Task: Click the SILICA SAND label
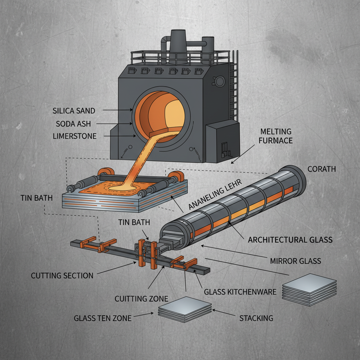[x=73, y=111]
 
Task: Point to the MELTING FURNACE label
[x=276, y=136]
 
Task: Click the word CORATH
[x=321, y=169]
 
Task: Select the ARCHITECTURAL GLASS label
[x=290, y=240]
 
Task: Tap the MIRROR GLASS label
[x=295, y=261]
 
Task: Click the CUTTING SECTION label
[x=62, y=275]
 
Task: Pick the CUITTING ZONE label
[x=141, y=299]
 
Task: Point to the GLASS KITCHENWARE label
[x=240, y=292]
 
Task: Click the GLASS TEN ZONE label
[x=103, y=318]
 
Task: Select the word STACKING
[x=256, y=318]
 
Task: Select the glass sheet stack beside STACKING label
[x=185, y=307]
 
